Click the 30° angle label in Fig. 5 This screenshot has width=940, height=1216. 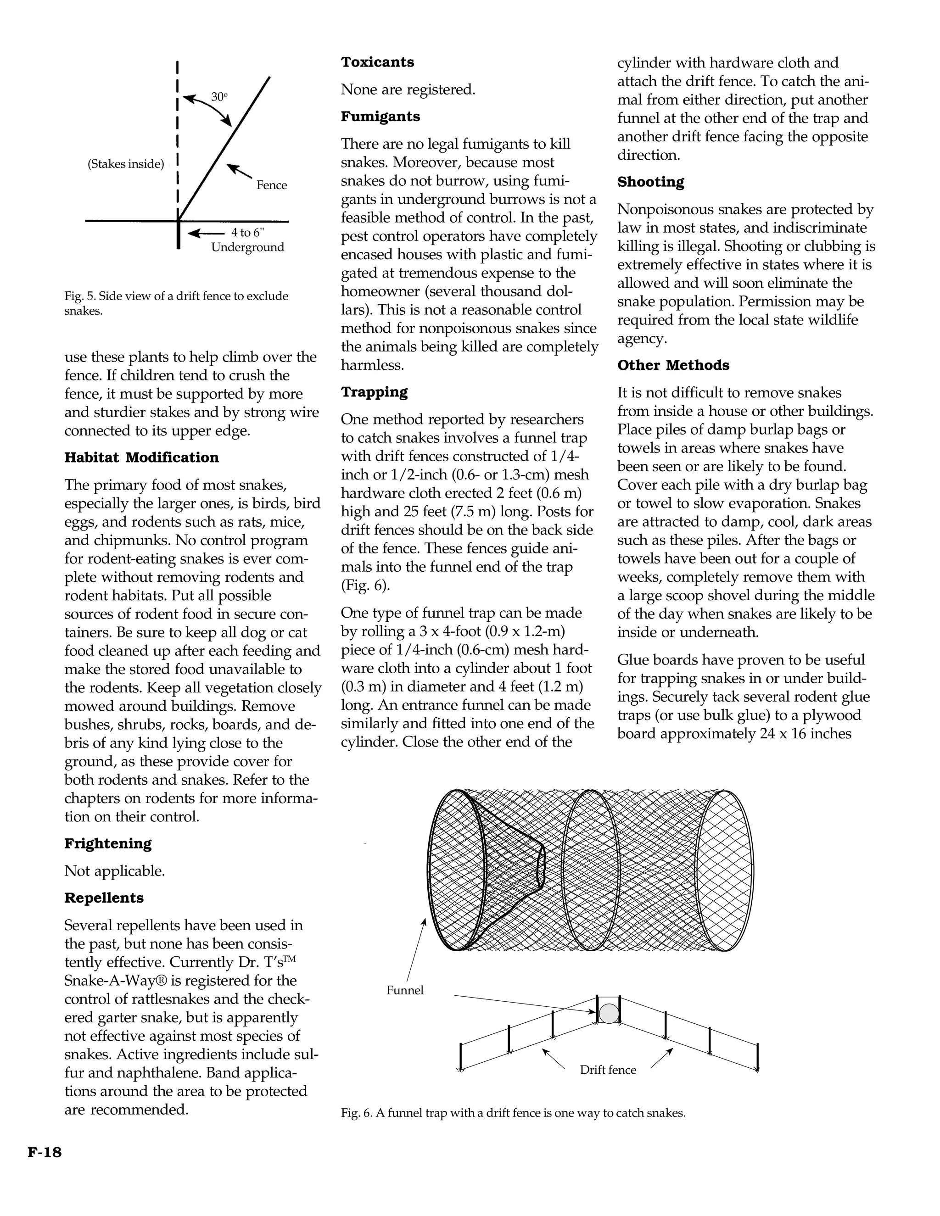(x=219, y=96)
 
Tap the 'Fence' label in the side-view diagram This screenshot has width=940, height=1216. (x=271, y=185)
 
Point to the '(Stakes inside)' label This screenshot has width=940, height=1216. (x=126, y=164)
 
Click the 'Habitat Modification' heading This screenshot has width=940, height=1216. (x=141, y=457)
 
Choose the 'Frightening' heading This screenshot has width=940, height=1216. (x=107, y=843)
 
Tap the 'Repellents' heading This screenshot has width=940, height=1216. (x=104, y=898)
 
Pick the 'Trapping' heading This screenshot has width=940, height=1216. (x=374, y=392)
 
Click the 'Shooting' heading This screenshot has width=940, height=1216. (x=650, y=182)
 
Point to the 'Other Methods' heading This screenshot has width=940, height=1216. (x=673, y=365)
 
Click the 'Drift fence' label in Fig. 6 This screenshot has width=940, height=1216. (x=608, y=1070)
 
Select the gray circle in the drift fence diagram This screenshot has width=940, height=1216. (x=609, y=1013)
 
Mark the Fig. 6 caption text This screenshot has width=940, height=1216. (x=513, y=1113)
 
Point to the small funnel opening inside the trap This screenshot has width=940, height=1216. (x=540, y=866)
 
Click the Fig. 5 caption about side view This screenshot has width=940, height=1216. (x=176, y=303)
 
